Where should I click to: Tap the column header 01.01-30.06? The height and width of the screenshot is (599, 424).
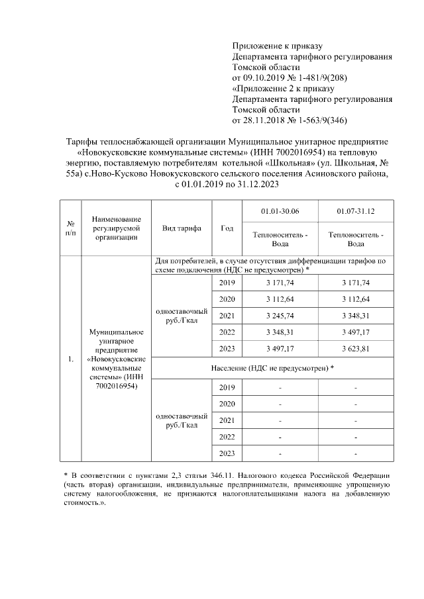[x=281, y=211]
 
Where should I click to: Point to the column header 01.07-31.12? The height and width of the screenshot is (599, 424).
[x=356, y=211]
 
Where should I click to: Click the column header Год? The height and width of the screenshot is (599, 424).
[x=227, y=228]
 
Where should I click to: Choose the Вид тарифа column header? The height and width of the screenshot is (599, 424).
[x=182, y=228]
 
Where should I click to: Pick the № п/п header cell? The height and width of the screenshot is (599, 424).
[x=70, y=228]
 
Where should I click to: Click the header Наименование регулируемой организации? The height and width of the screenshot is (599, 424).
[x=116, y=228]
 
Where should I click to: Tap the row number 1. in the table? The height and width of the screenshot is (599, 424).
[x=70, y=359]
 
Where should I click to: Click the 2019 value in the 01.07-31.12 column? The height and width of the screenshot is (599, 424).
[x=356, y=283]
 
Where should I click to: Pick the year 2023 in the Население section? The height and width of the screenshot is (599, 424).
[x=227, y=453]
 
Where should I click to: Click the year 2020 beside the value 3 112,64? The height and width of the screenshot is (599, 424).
[x=227, y=299]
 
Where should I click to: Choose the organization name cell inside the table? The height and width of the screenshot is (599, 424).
[x=116, y=359]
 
